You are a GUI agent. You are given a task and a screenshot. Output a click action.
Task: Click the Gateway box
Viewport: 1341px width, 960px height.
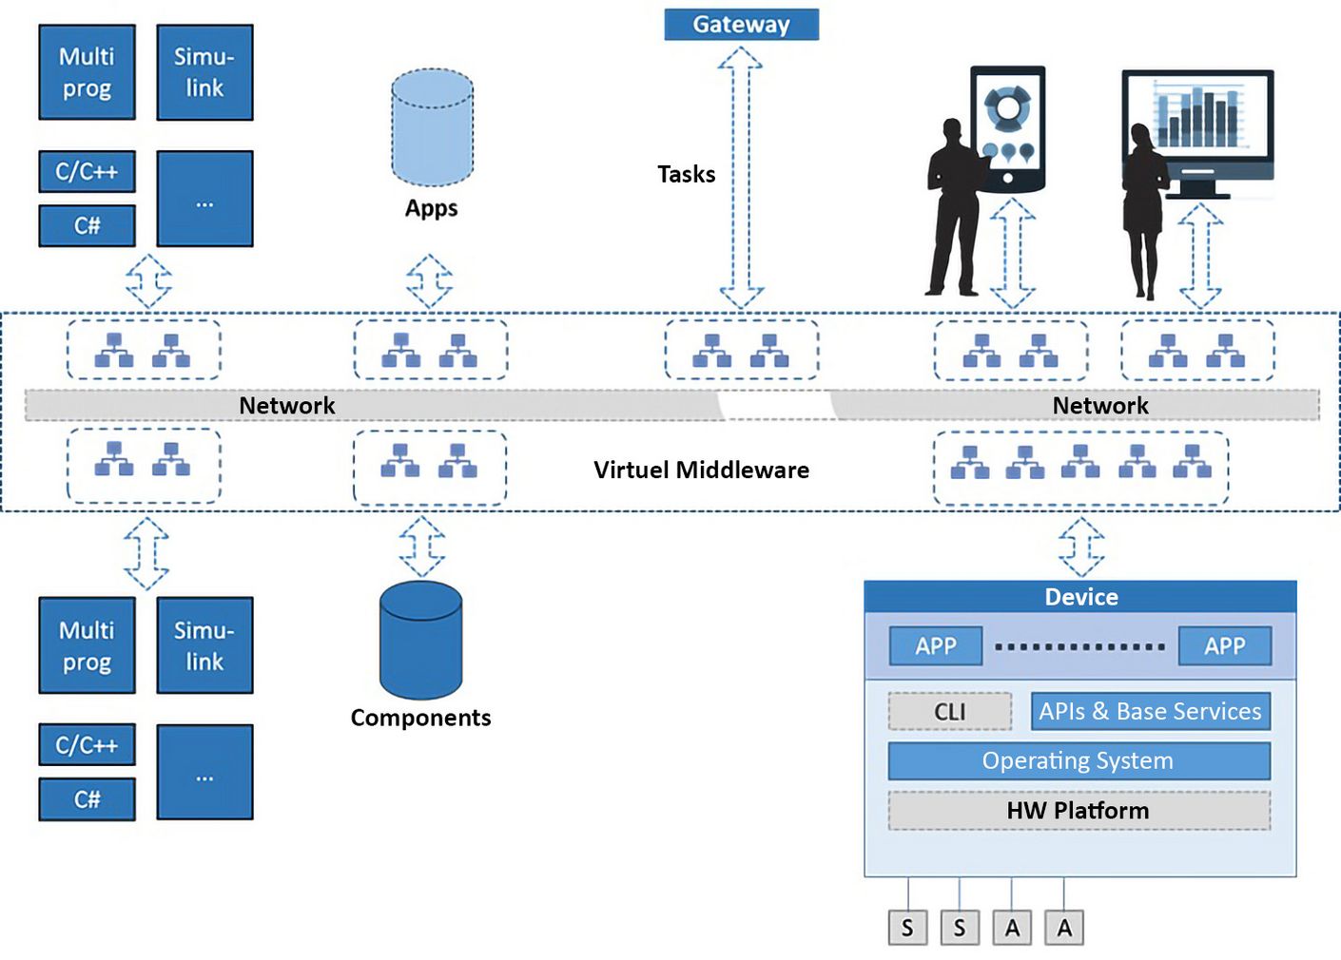click(x=741, y=25)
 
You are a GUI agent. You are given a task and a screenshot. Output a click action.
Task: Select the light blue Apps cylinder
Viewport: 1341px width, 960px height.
click(x=432, y=127)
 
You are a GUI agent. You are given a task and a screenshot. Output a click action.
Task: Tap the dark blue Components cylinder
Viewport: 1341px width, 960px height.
click(x=420, y=641)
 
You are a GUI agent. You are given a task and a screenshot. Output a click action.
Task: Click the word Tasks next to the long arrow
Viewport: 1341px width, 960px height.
click(x=686, y=174)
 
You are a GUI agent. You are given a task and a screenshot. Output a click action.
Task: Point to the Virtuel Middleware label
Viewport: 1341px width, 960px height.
click(x=701, y=470)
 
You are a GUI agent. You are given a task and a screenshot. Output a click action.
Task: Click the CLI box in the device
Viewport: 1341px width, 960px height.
click(x=949, y=711)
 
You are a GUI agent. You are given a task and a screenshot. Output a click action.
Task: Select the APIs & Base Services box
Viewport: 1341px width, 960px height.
click(x=1150, y=711)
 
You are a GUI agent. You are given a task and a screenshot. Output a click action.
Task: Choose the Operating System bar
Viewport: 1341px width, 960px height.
click(x=1079, y=760)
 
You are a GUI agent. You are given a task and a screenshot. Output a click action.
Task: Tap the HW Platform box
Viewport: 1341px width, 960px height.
click(x=1079, y=810)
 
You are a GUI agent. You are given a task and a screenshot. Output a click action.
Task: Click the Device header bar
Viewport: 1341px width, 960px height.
click(x=1080, y=597)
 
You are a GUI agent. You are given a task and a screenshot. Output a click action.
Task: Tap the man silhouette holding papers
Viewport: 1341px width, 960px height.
click(x=954, y=209)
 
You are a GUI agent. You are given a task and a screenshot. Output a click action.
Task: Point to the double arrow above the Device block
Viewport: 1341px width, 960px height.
click(x=1081, y=547)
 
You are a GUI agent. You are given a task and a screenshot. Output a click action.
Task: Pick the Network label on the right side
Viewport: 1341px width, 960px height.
click(x=1099, y=406)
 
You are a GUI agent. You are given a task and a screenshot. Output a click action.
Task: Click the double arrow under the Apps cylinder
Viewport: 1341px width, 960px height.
click(x=429, y=280)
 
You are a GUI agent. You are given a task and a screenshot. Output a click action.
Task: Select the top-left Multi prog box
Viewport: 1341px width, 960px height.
click(x=87, y=72)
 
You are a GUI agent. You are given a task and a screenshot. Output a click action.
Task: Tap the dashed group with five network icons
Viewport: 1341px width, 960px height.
click(x=1080, y=467)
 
